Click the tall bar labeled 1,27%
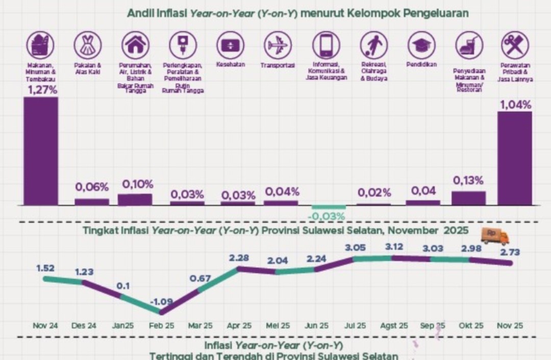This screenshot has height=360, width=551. click(x=41, y=151)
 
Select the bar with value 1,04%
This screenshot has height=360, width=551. click(x=514, y=158)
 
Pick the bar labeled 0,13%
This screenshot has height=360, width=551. click(x=468, y=198)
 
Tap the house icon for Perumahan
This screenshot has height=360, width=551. click(x=135, y=45)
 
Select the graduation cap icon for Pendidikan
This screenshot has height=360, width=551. click(x=421, y=45)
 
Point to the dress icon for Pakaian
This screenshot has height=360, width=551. click(x=88, y=45)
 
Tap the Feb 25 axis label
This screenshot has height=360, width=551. click(x=162, y=325)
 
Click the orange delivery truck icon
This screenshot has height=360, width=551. click(x=495, y=236)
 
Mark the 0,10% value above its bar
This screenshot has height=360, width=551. click(x=135, y=184)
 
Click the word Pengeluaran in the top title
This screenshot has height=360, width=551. click(x=436, y=13)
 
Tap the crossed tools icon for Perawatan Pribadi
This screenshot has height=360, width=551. click(x=514, y=45)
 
